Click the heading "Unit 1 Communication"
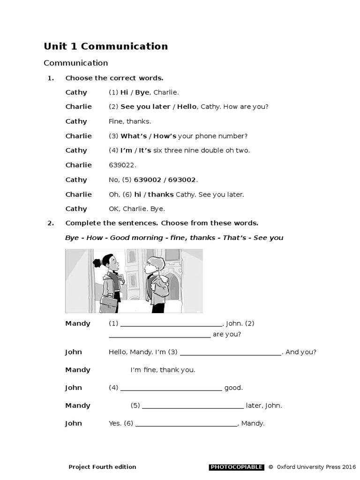pos(105,46)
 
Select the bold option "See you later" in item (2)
pos(145,106)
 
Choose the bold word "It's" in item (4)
pos(145,150)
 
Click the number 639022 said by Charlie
pos(120,165)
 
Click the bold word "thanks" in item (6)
pos(161,194)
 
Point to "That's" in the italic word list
pos(234,238)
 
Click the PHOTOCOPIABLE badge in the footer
pos(236,467)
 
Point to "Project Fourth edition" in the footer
pos(102,467)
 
